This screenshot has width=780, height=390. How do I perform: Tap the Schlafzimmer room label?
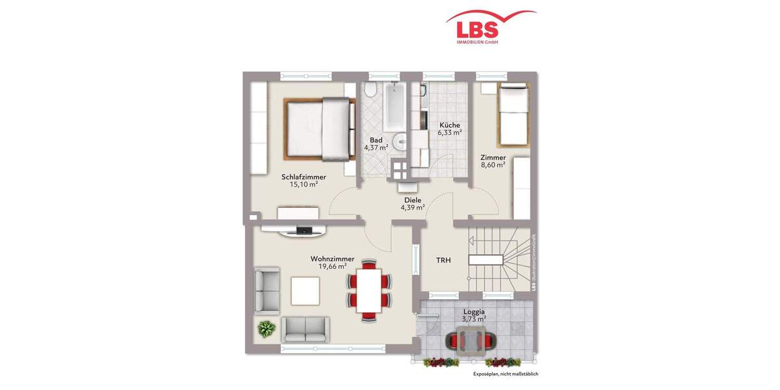point(304,177)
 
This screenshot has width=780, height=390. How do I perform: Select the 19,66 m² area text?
point(332,266)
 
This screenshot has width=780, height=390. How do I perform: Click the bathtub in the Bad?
point(395,107)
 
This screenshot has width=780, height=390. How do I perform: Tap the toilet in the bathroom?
point(370,90)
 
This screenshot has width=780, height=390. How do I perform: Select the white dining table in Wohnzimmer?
point(369,290)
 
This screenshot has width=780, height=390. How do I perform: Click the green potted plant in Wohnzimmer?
point(266,329)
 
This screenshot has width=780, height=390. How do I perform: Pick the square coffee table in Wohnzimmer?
point(305,291)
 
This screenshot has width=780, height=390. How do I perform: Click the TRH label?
point(443,261)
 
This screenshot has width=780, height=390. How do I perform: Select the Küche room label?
point(449,125)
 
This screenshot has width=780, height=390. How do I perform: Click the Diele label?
point(412,200)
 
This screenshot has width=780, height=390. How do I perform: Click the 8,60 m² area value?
point(493,165)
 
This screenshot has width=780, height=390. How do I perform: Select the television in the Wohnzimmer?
point(304,229)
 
